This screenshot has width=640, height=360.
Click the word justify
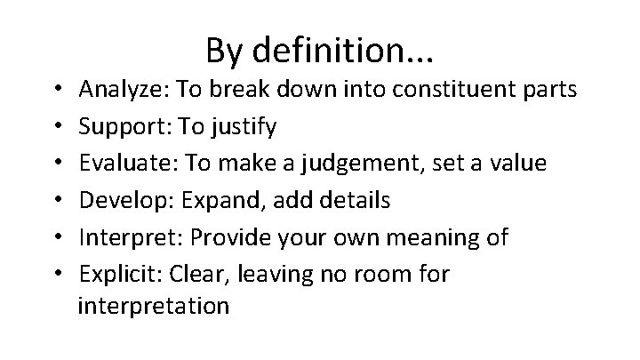[x=244, y=127]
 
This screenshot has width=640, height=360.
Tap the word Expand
[x=214, y=201]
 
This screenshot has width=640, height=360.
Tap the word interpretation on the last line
[x=153, y=307]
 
